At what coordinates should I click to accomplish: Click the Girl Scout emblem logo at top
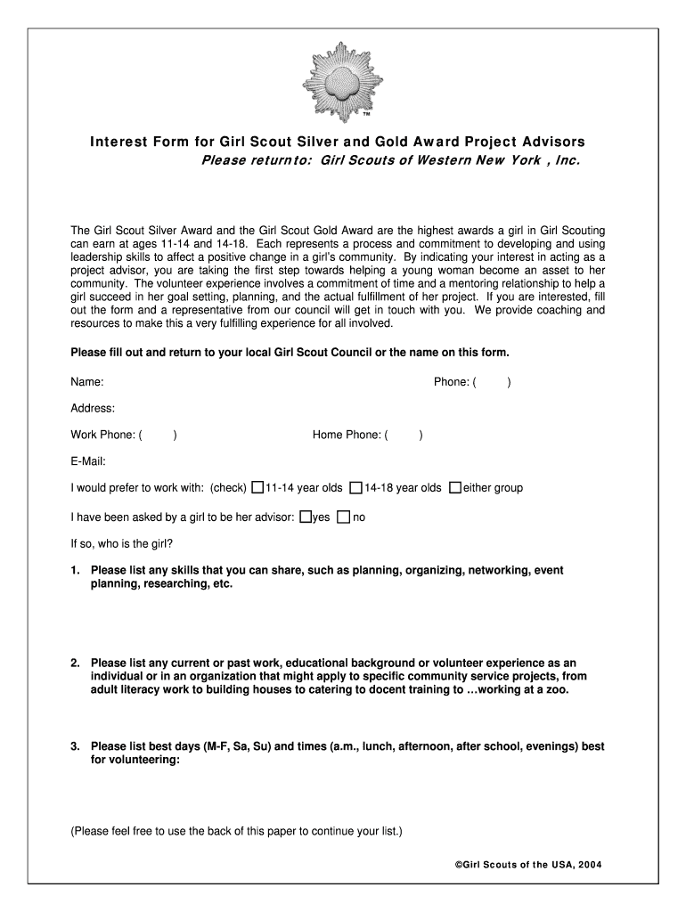click(x=342, y=81)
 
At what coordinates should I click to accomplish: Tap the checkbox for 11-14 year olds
click(x=257, y=488)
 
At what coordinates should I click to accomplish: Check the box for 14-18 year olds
click(x=355, y=488)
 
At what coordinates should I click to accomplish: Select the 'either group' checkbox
click(x=455, y=488)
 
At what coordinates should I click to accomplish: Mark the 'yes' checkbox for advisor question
click(x=306, y=517)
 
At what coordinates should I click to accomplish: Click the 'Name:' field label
click(x=87, y=382)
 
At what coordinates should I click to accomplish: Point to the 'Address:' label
click(x=93, y=409)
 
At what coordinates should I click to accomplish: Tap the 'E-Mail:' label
click(x=88, y=461)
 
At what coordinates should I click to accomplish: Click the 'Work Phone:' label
click(x=102, y=436)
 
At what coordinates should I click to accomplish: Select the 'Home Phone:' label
click(x=347, y=436)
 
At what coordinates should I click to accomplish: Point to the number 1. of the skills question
click(x=76, y=571)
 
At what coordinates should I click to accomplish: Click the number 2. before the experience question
click(x=76, y=664)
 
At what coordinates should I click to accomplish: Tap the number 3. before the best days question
click(x=76, y=747)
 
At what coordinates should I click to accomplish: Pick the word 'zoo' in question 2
click(x=557, y=690)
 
